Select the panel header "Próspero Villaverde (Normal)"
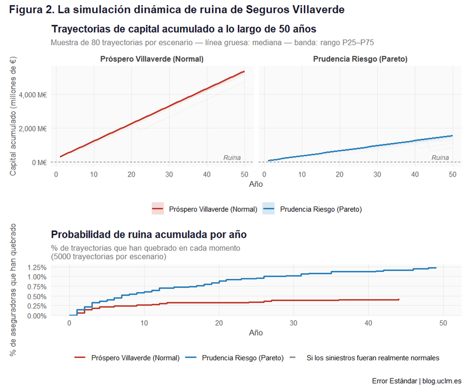(152, 59)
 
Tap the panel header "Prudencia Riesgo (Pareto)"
(360, 59)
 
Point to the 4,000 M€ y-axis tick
(33, 95)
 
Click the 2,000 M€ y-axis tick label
(33, 129)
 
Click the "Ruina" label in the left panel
(232, 158)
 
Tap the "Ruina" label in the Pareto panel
(440, 158)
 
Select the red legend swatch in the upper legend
(158, 209)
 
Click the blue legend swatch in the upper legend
(269, 209)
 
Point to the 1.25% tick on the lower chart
(37, 267)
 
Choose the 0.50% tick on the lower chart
(37, 296)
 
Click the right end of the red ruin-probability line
(399, 300)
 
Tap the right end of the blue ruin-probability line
(436, 268)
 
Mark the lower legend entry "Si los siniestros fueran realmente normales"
(373, 358)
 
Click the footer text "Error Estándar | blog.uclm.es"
(417, 381)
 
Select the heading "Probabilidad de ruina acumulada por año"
(149, 235)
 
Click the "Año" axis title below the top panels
(256, 184)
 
